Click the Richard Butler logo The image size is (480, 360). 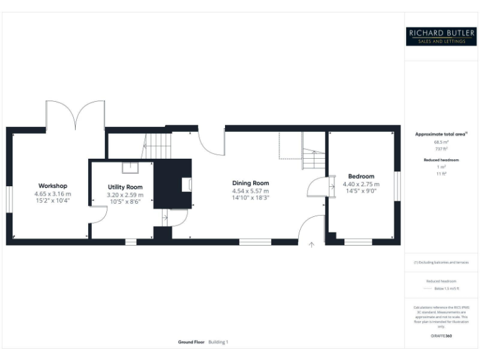(x=441, y=36)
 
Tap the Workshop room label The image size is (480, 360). (x=52, y=186)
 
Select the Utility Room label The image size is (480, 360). (x=125, y=187)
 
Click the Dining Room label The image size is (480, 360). (x=251, y=183)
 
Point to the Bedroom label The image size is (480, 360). (x=361, y=177)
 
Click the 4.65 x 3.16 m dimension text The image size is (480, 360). (x=52, y=194)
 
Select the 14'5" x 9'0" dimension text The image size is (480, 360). (x=361, y=192)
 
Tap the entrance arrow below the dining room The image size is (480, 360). (x=311, y=245)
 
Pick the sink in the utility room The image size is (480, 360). (x=131, y=166)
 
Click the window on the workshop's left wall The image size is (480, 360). (x=9, y=199)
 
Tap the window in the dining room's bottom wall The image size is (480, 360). (x=251, y=241)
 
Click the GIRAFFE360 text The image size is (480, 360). (x=441, y=336)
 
